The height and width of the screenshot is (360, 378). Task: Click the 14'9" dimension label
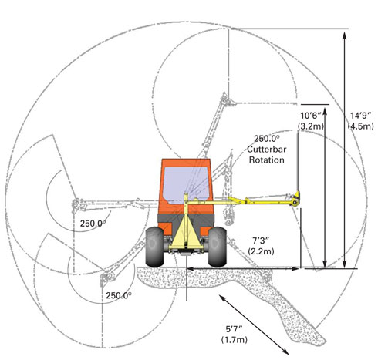click(360, 116)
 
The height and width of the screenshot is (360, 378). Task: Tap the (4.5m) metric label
click(360, 126)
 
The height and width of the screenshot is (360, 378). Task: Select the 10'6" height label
click(310, 116)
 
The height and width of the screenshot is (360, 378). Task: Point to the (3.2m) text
click(311, 126)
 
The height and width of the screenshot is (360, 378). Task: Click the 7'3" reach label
click(261, 241)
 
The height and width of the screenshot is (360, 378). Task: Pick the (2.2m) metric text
click(261, 251)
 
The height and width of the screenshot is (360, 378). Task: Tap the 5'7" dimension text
click(235, 329)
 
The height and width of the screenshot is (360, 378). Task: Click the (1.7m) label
click(235, 340)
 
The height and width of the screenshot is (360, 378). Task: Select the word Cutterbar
click(267, 150)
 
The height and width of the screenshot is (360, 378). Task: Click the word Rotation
click(267, 160)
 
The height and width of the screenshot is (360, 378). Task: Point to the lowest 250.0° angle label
click(119, 295)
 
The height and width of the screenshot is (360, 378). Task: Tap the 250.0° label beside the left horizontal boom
click(93, 224)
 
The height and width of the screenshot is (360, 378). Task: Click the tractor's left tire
click(154, 247)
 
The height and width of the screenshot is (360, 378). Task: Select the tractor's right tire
click(218, 247)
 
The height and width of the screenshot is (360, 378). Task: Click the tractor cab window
click(186, 184)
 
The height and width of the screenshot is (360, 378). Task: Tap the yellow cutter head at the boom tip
click(295, 199)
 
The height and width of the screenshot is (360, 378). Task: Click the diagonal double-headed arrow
click(254, 325)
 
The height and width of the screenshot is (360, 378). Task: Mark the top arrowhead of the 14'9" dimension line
click(345, 35)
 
